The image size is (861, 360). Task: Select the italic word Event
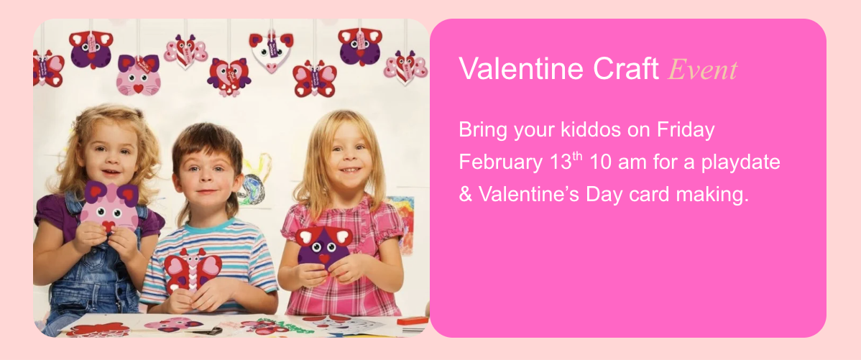(703, 70)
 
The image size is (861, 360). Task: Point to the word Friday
(686, 130)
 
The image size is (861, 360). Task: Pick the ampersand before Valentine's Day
(464, 194)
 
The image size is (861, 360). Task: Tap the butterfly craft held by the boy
(192, 269)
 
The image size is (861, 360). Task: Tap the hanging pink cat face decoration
(138, 74)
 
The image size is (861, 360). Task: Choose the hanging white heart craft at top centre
(271, 51)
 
